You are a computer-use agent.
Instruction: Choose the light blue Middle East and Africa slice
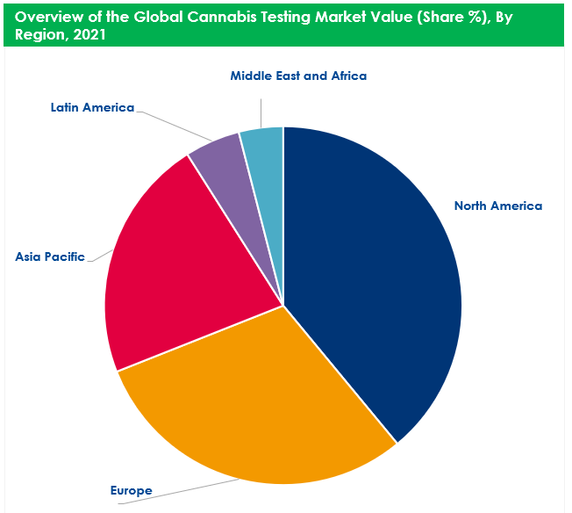tap(264, 145)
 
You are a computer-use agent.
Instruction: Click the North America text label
tap(497, 206)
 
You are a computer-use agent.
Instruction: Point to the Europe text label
tap(131, 490)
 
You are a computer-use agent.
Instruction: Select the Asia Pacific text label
tap(50, 257)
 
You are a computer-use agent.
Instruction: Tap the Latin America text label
tap(92, 108)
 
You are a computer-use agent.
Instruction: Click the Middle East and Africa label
tap(298, 76)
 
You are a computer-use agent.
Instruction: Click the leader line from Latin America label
tap(171, 123)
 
